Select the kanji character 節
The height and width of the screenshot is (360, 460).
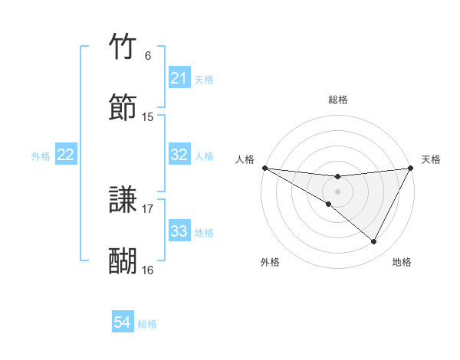pyautogui.click(x=123, y=108)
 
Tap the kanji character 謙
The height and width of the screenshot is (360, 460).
pyautogui.click(x=123, y=201)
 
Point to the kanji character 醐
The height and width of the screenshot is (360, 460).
pyautogui.click(x=123, y=261)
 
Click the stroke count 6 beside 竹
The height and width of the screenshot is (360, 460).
pyautogui.click(x=148, y=56)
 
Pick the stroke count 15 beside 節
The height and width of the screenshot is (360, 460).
pyautogui.click(x=148, y=117)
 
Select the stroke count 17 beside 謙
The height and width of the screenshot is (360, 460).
pyautogui.click(x=148, y=208)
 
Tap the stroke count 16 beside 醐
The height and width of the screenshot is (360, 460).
pyautogui.click(x=148, y=270)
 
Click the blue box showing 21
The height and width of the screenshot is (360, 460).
pyautogui.click(x=179, y=78)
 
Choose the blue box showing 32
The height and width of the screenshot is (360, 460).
pyautogui.click(x=179, y=155)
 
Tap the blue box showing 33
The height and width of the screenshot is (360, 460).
pyautogui.click(x=179, y=231)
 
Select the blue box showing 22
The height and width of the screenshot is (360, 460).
pyautogui.click(x=66, y=155)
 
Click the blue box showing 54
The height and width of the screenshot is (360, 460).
pyautogui.click(x=123, y=323)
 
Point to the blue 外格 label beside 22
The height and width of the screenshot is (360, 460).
pyautogui.click(x=41, y=156)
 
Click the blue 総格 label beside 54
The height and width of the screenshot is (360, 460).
pyautogui.click(x=147, y=324)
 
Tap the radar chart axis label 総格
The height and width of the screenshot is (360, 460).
pyautogui.click(x=338, y=100)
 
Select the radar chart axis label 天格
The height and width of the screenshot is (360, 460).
pyautogui.click(x=431, y=159)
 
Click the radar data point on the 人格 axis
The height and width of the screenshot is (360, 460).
pyautogui.click(x=264, y=168)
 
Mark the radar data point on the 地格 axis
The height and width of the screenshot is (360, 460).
pyautogui.click(x=374, y=242)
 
